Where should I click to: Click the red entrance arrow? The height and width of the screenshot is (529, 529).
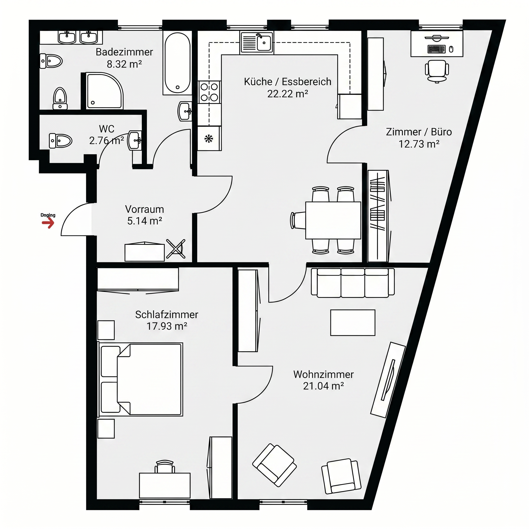click(x=48, y=223)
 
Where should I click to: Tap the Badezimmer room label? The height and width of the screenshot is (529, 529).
click(x=124, y=52)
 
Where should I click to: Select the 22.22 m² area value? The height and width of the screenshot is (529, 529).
click(x=287, y=94)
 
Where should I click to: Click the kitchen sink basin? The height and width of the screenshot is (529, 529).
click(x=264, y=43)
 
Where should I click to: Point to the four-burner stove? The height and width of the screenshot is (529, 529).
click(x=209, y=92)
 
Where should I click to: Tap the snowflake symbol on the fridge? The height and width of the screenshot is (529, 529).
click(x=209, y=138)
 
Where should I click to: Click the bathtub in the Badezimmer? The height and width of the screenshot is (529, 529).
click(x=177, y=63)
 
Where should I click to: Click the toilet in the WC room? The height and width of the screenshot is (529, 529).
click(x=60, y=141)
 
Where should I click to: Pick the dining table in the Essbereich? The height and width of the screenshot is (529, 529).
click(x=333, y=220)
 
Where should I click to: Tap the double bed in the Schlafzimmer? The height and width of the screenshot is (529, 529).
click(x=140, y=379)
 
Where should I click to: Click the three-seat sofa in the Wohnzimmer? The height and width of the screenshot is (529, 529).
click(x=353, y=283)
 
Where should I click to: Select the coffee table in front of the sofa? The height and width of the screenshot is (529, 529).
click(x=353, y=323)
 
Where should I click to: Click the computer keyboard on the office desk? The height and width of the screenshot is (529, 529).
click(x=437, y=49)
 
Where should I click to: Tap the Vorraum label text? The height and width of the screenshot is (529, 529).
click(x=145, y=209)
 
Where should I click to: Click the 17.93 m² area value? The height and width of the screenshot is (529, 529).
click(x=167, y=326)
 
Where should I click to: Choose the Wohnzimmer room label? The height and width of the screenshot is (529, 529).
click(x=323, y=374)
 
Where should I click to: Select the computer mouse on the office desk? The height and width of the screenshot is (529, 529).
click(x=451, y=49)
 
